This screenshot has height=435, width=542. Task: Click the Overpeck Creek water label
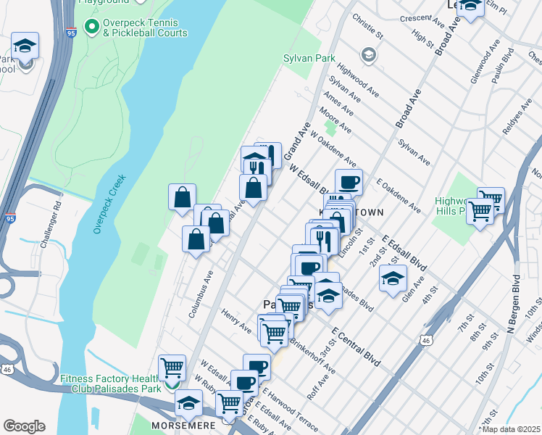pos(109,204)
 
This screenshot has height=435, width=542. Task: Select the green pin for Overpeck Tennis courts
pos(92,28)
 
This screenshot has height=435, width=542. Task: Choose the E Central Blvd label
pos(356,345)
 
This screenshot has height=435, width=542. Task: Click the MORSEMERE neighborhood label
pos(180,424)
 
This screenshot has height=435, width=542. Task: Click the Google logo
pos(24,426)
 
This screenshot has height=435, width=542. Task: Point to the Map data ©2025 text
pos(510,429)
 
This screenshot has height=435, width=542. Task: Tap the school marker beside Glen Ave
pos(392,278)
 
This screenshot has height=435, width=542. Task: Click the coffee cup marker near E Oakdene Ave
pos(349,181)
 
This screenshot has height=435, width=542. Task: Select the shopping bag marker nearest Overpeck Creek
pos(182,196)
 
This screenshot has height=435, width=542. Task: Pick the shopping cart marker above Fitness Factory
pos(172,368)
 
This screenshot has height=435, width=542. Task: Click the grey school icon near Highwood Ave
pos(369,55)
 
